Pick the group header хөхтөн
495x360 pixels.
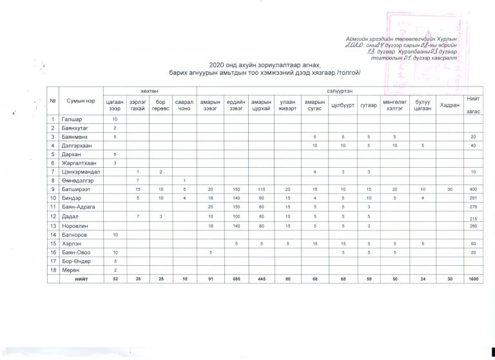148,92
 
